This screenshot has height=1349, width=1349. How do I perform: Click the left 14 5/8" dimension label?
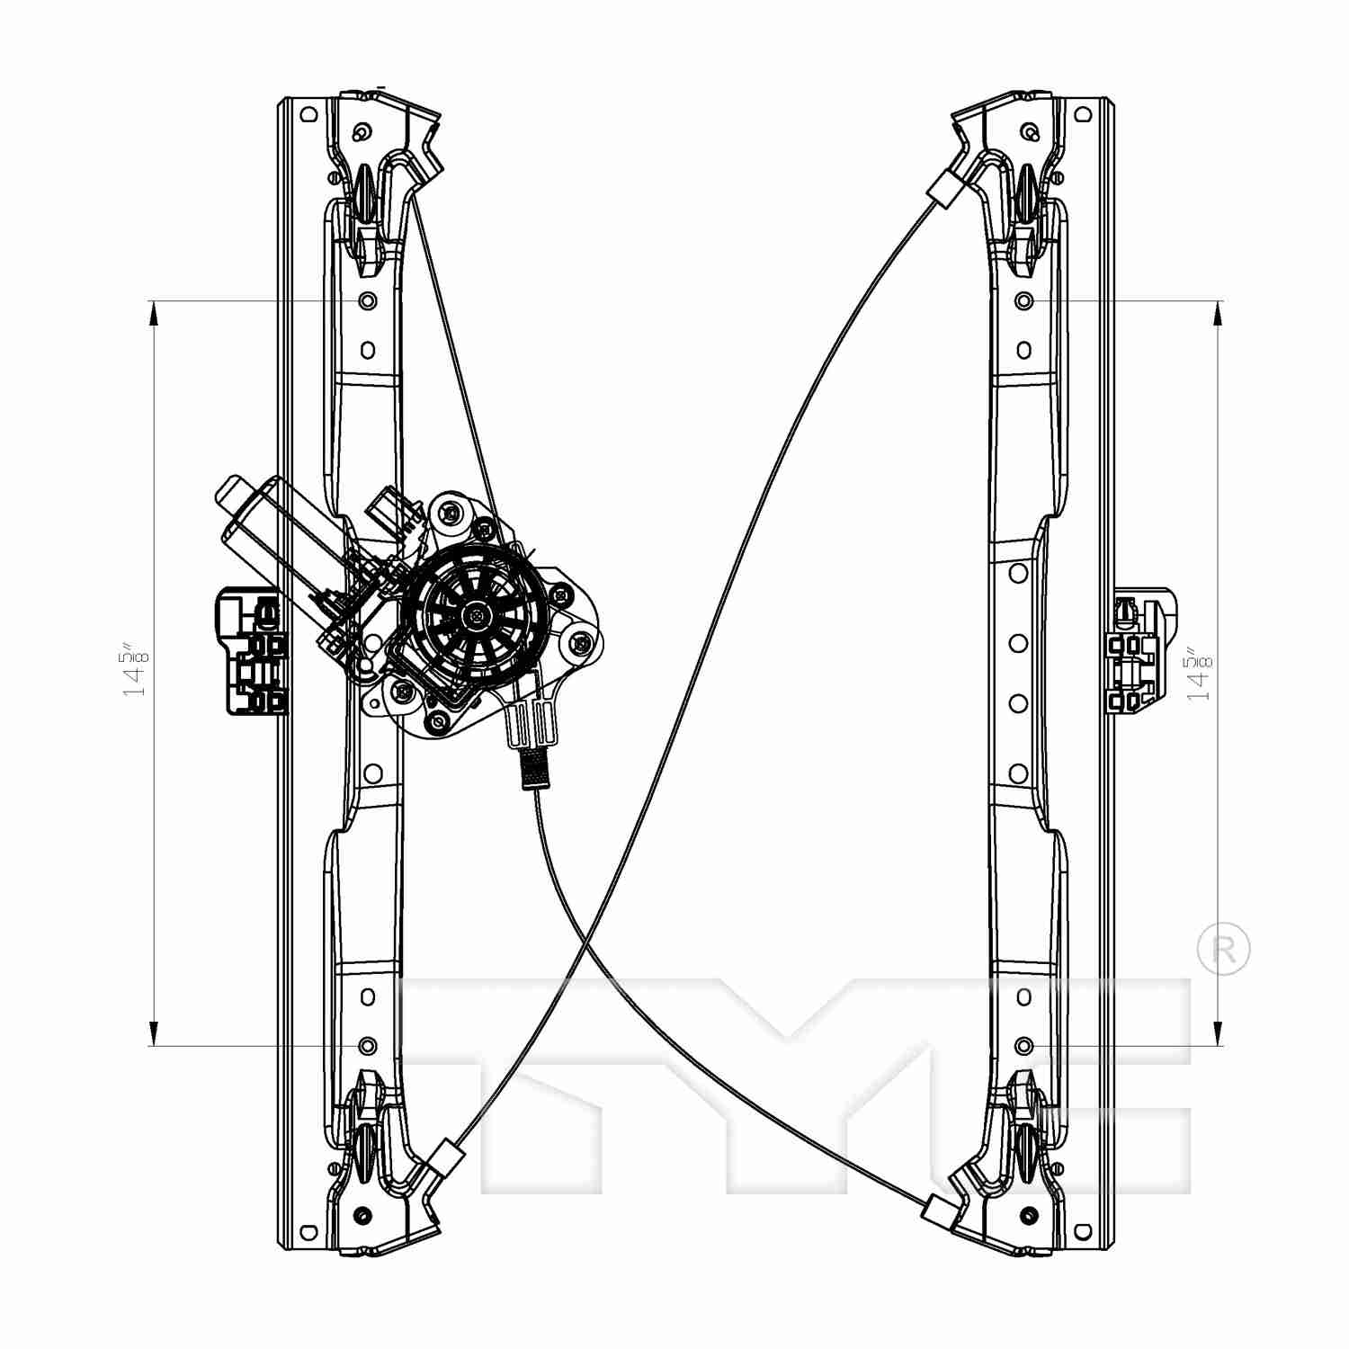tap(135, 670)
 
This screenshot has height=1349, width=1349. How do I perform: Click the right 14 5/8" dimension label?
tap(1199, 674)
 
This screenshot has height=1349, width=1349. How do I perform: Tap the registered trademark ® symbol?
tap(1224, 949)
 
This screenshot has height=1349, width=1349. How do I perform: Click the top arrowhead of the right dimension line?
tap(1218, 311)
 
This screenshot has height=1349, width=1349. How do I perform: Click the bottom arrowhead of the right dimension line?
tap(1218, 1034)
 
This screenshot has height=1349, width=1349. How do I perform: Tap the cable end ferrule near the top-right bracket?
tap(943, 190)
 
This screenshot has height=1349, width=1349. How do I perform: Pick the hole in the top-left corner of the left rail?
tap(308, 114)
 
